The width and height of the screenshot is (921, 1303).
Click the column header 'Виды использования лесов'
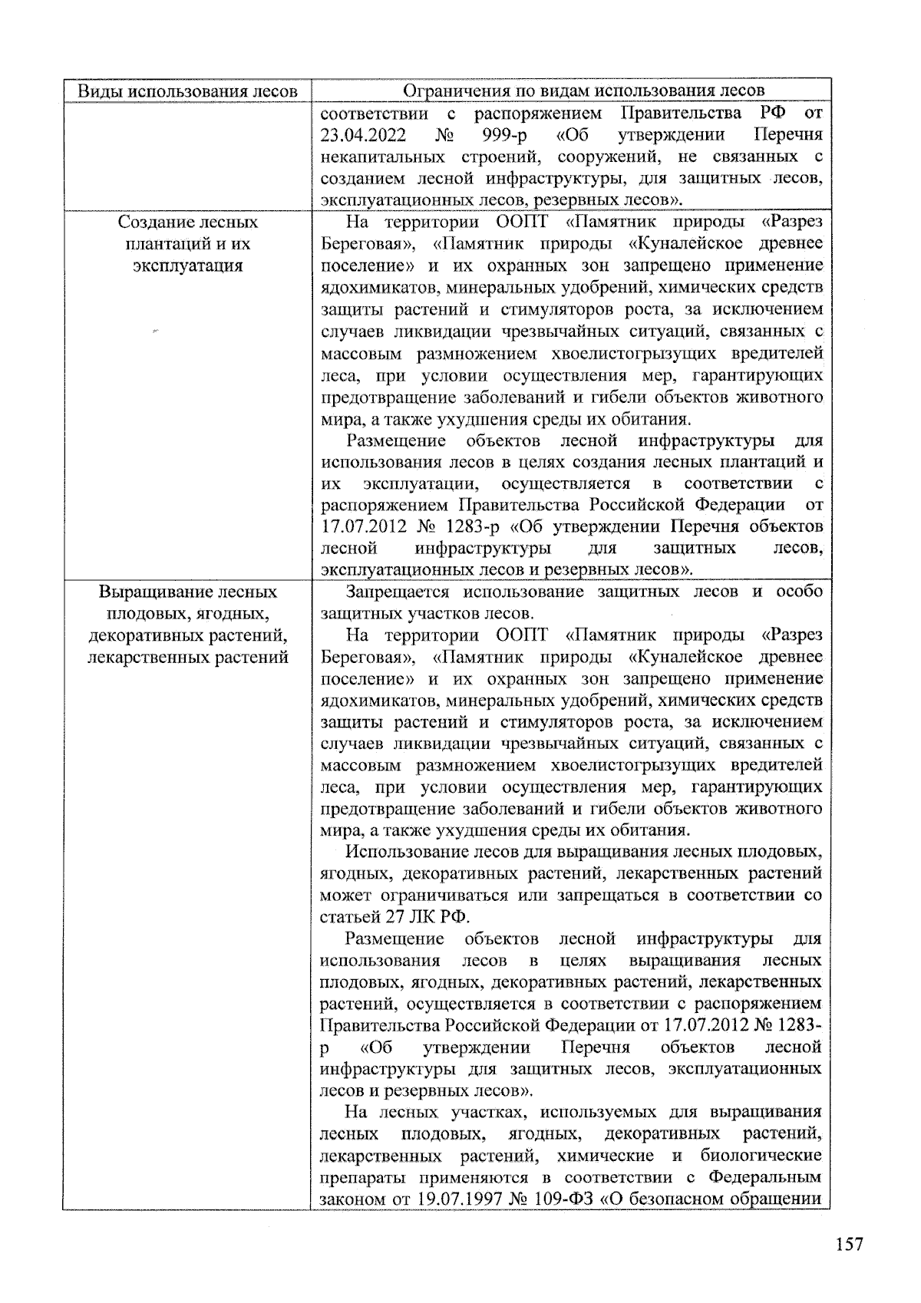tap(187, 91)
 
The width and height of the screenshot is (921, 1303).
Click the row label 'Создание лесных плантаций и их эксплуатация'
tap(187, 244)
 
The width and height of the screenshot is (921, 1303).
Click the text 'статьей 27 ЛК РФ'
tap(394, 917)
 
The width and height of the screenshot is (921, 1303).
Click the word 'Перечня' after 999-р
tap(788, 136)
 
